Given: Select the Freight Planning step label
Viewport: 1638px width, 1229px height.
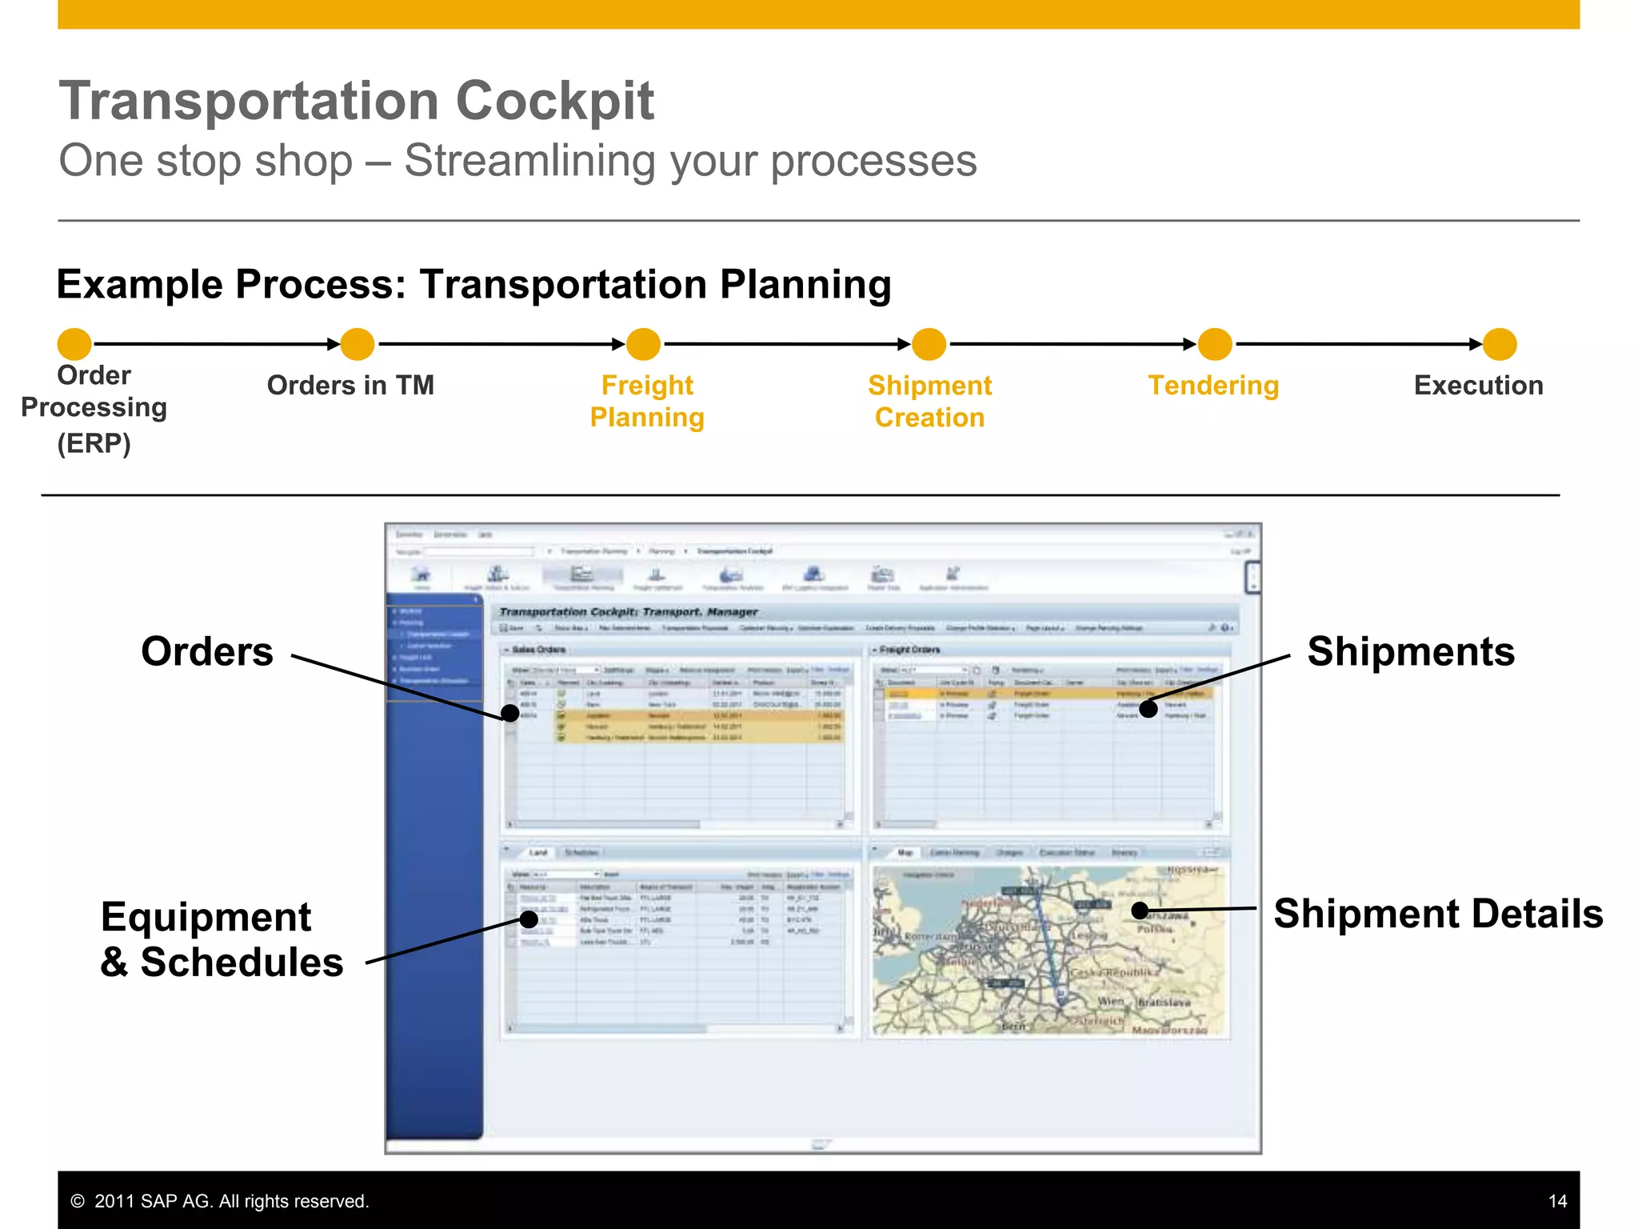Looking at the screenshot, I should coord(647,401).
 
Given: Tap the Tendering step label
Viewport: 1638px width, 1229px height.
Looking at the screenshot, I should coord(1213,386).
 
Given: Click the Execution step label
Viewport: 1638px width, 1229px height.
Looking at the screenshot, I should coord(1478,386).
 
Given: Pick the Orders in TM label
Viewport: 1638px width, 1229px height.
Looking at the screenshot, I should coord(350,386).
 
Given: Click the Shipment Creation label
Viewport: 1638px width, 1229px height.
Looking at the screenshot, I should coord(929,401).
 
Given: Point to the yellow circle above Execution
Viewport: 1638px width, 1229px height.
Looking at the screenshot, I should coord(1499,344).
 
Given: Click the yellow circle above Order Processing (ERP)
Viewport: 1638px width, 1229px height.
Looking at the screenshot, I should coord(74,344).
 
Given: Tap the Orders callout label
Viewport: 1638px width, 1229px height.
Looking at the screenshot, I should coord(207,651).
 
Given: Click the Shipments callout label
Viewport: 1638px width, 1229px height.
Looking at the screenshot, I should coord(1411,651).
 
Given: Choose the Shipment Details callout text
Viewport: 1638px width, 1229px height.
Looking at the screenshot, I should coord(1438,914).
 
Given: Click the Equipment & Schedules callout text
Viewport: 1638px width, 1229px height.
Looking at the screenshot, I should coord(221,939).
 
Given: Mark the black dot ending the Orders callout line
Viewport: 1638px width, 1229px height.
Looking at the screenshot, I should coord(509,712).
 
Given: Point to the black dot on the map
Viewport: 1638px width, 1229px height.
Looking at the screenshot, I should coord(1141,911).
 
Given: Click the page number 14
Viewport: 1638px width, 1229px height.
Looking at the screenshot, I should coord(1557,1201).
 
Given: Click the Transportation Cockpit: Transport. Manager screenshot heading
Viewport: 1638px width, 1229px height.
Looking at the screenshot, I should coord(629,612).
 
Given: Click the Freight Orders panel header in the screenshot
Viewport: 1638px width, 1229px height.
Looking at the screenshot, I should coord(909,650).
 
